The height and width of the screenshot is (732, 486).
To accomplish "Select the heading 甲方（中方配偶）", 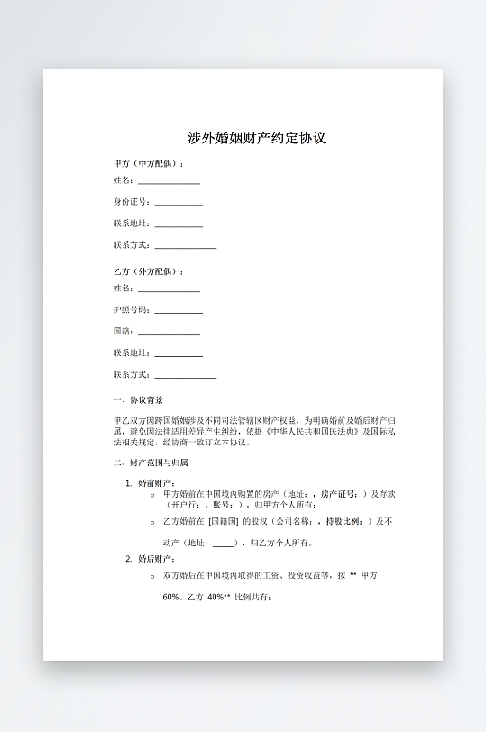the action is tap(148, 163).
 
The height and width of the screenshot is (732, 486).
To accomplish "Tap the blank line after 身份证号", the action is tap(179, 204).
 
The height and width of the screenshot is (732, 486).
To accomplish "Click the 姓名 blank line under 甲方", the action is tap(169, 182).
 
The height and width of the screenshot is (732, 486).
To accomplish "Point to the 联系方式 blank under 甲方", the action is tap(186, 246).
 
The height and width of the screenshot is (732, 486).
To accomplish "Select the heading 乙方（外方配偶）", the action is tap(148, 271).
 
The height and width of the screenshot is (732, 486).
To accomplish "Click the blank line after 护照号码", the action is tap(179, 312).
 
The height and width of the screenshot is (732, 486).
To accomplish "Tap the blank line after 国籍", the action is tap(169, 333).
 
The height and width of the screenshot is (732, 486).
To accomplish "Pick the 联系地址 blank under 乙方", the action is tap(179, 354).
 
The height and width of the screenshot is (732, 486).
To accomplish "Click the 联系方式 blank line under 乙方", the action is tap(186, 376).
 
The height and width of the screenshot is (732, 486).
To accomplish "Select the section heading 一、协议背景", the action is tap(138, 399).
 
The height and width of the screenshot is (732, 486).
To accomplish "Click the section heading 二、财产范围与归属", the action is tap(151, 462).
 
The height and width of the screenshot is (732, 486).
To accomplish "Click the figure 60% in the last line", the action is tap(171, 597).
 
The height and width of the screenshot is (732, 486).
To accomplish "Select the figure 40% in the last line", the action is tap(216, 597).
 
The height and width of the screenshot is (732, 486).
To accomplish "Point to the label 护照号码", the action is tap(131, 311).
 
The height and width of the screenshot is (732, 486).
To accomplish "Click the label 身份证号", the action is tap(131, 203).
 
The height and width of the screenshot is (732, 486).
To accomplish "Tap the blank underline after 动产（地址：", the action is tap(223, 544).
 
